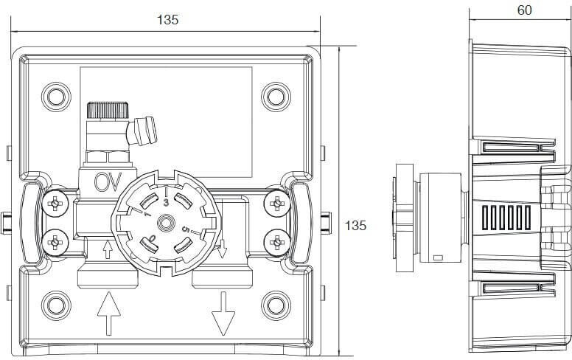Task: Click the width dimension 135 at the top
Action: point(168,21)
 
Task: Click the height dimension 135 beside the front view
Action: point(356,225)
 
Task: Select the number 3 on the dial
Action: point(166,201)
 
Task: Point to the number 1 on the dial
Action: point(147,215)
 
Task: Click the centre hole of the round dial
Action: point(167,221)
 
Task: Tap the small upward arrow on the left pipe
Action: point(108,251)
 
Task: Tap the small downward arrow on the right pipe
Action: point(223,251)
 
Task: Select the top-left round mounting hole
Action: point(55,96)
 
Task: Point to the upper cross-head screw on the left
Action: point(56,203)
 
